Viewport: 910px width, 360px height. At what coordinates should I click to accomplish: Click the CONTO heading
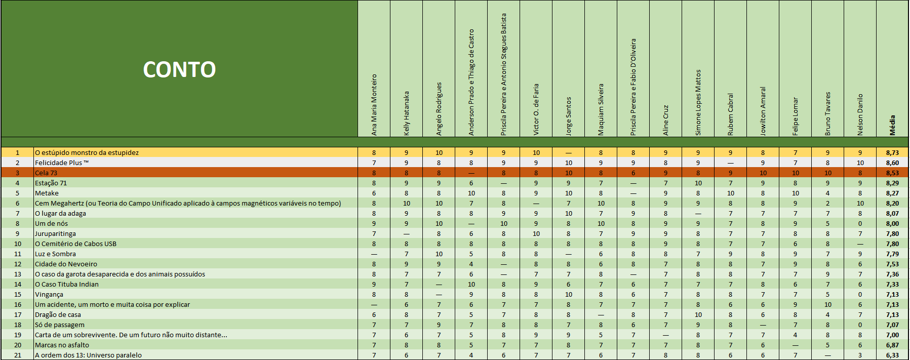tap(179, 69)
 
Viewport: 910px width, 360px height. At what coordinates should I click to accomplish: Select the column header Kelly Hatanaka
tap(407, 113)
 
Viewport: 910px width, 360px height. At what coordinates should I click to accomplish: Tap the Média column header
tap(892, 125)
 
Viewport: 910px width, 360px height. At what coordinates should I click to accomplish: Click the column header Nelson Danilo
tap(860, 114)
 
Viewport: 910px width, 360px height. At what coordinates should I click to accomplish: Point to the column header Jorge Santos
tap(568, 116)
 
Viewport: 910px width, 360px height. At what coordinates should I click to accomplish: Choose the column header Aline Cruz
tap(665, 120)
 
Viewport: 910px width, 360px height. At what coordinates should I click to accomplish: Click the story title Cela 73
tap(46, 173)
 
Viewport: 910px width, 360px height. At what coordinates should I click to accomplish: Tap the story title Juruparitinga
tap(55, 233)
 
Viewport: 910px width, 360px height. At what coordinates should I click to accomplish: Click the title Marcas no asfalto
tap(62, 345)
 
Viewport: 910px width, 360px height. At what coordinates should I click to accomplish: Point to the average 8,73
tap(892, 152)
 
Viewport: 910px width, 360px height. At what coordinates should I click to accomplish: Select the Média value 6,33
tap(892, 355)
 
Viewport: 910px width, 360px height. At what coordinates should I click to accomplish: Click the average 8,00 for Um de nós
tap(892, 223)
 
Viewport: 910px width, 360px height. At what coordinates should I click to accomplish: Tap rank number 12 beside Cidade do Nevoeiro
tap(18, 264)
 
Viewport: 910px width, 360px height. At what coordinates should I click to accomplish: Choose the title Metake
tap(47, 193)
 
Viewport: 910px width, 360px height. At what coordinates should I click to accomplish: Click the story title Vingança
tap(49, 294)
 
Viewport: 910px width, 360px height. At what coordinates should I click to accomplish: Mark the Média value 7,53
tap(892, 264)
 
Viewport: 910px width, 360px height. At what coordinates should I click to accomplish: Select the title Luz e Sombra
tap(55, 254)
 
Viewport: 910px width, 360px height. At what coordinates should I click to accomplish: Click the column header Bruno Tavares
tap(827, 113)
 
